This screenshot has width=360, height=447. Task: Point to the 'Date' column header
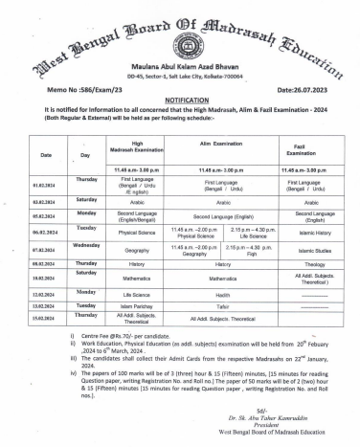click(x=46, y=154)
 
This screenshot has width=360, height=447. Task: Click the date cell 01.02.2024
click(x=46, y=185)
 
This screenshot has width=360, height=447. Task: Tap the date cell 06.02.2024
click(x=46, y=232)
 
